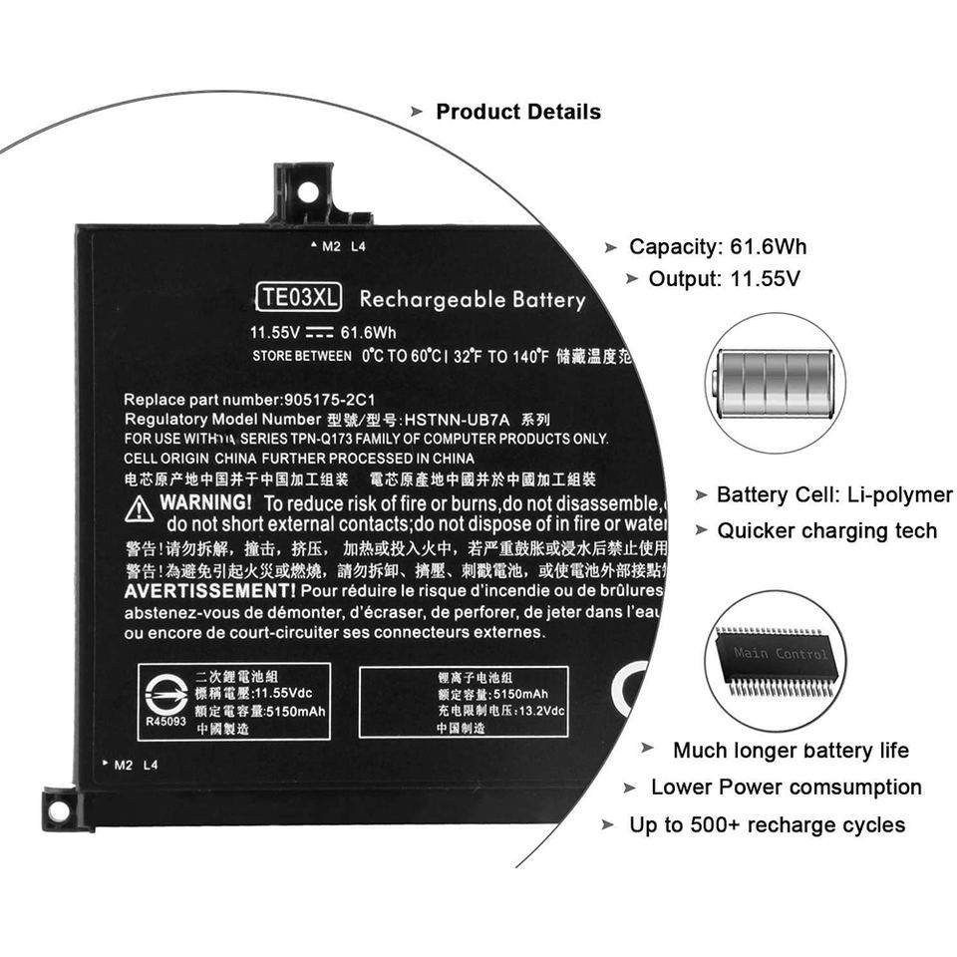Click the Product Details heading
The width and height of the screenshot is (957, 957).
pyautogui.click(x=518, y=112)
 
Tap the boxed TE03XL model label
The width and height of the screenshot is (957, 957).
pyautogui.click(x=298, y=297)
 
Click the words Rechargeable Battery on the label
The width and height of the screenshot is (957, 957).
pyautogui.click(x=472, y=299)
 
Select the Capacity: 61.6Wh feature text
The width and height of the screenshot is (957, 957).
pyautogui.click(x=717, y=247)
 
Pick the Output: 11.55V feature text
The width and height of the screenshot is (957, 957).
pyautogui.click(x=724, y=279)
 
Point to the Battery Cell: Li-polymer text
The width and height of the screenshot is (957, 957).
pyautogui.click(x=834, y=495)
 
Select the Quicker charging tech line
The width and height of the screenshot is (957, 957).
pyautogui.click(x=826, y=531)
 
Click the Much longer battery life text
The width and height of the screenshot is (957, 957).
pyautogui.click(x=791, y=751)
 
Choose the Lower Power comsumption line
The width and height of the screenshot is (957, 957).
pyautogui.click(x=786, y=788)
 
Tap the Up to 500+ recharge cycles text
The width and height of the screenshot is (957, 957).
pyautogui.click(x=767, y=825)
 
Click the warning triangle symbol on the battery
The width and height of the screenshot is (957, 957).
pyautogui.click(x=139, y=508)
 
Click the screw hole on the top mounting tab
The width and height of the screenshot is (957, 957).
pyautogui.click(x=307, y=190)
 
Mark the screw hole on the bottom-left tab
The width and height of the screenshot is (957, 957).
pyautogui.click(x=59, y=811)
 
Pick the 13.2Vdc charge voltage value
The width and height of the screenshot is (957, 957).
pyautogui.click(x=541, y=711)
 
